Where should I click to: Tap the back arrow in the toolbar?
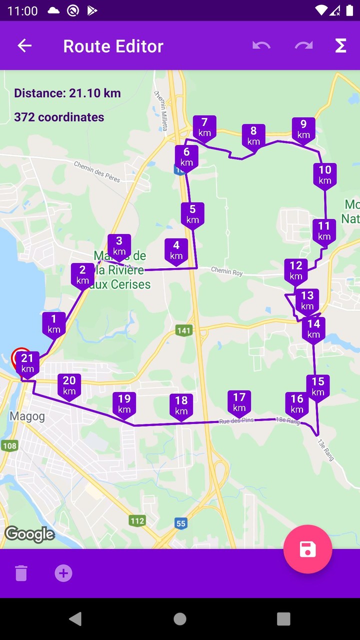click(x=24, y=46)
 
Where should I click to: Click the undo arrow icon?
click(x=261, y=46)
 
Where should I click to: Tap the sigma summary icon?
click(x=340, y=46)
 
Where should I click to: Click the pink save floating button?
click(x=307, y=549)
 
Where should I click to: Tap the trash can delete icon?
click(x=21, y=573)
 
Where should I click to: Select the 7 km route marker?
click(x=204, y=127)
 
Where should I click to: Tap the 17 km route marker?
click(x=239, y=402)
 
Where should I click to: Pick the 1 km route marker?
click(x=54, y=323)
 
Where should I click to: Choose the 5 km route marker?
click(x=192, y=214)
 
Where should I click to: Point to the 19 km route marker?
click(x=124, y=403)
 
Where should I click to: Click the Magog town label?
click(x=27, y=416)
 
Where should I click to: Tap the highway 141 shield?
click(x=184, y=330)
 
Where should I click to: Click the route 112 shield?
click(x=137, y=520)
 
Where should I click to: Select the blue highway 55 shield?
click(x=181, y=523)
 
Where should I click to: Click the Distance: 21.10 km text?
click(x=67, y=93)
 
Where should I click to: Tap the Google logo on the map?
click(x=29, y=534)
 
